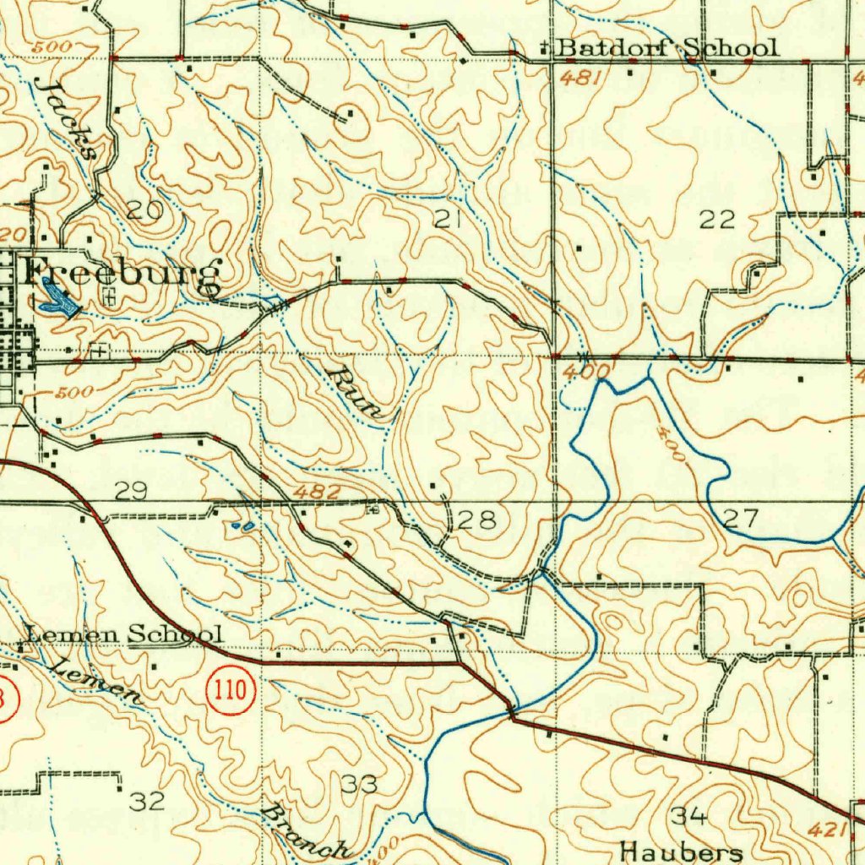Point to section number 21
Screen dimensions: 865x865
(448, 220)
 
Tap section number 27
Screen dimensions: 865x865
(741, 519)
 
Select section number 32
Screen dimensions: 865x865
(147, 800)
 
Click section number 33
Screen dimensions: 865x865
(359, 785)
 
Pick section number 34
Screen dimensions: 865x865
(688, 815)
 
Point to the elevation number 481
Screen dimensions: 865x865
(581, 78)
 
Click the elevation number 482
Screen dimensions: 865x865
(318, 492)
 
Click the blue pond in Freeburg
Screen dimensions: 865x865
(55, 300)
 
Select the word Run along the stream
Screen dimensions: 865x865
(358, 392)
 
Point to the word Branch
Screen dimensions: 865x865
(306, 834)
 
